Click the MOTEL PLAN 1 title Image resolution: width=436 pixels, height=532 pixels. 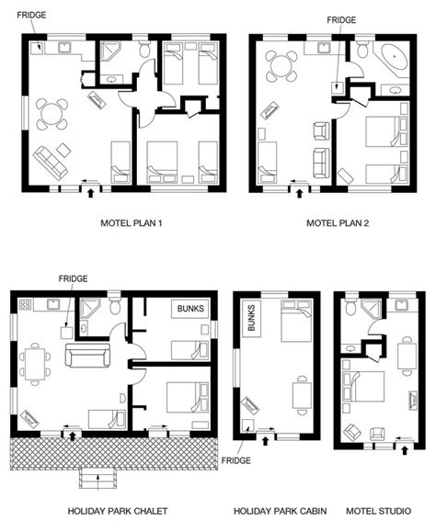(131, 223)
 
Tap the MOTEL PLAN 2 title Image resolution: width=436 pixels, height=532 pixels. (338, 223)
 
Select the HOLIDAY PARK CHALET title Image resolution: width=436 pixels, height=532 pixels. (118, 511)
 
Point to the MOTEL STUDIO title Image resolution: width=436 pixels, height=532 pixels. (378, 511)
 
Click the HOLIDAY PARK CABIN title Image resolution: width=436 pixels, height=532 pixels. (281, 511)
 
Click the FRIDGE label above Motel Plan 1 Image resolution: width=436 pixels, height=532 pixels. (31, 15)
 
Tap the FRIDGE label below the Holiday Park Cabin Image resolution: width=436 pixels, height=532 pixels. (236, 460)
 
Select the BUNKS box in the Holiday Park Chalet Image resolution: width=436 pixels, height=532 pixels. (190, 309)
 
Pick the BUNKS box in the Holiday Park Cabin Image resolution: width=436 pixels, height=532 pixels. (252, 319)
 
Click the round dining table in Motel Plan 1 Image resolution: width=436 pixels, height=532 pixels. (52, 114)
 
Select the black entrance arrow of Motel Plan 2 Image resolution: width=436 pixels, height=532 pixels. (299, 193)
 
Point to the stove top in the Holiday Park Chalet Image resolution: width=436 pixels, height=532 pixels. (25, 304)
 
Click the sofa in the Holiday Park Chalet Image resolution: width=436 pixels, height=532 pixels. (88, 356)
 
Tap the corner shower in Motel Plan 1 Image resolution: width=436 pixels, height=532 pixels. (109, 51)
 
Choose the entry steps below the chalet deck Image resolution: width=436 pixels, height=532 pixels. (98, 479)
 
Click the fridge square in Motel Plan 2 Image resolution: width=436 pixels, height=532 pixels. (338, 86)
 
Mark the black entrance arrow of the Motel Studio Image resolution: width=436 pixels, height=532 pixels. (404, 450)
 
